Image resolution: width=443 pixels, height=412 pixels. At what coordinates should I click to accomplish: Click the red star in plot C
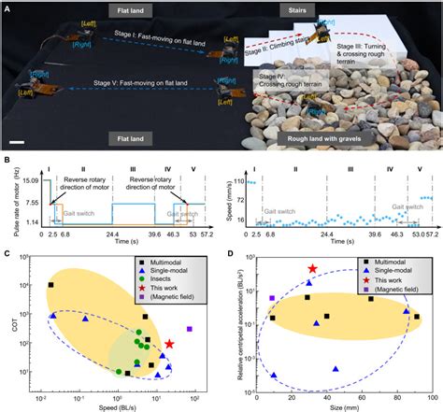click(169, 345)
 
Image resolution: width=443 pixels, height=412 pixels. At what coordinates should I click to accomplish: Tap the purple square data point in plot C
click(190, 330)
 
